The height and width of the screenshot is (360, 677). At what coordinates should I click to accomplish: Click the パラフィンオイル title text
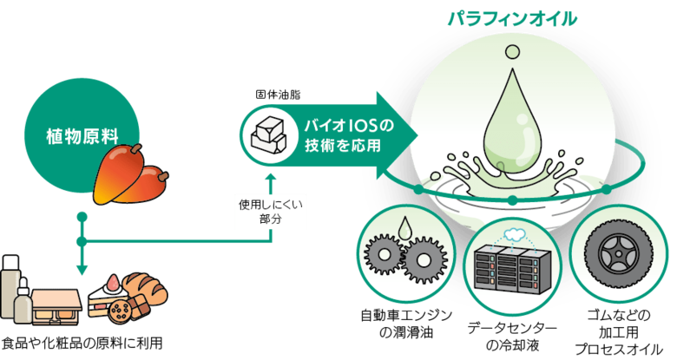coord(512,18)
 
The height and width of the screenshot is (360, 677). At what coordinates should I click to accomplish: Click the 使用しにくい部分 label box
coord(272,213)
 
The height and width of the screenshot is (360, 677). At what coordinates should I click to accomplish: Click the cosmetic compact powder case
coord(56,304)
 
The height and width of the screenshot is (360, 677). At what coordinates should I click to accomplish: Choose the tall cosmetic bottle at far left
coord(10,287)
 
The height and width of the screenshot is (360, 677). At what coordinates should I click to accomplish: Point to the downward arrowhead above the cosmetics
coord(82,270)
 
